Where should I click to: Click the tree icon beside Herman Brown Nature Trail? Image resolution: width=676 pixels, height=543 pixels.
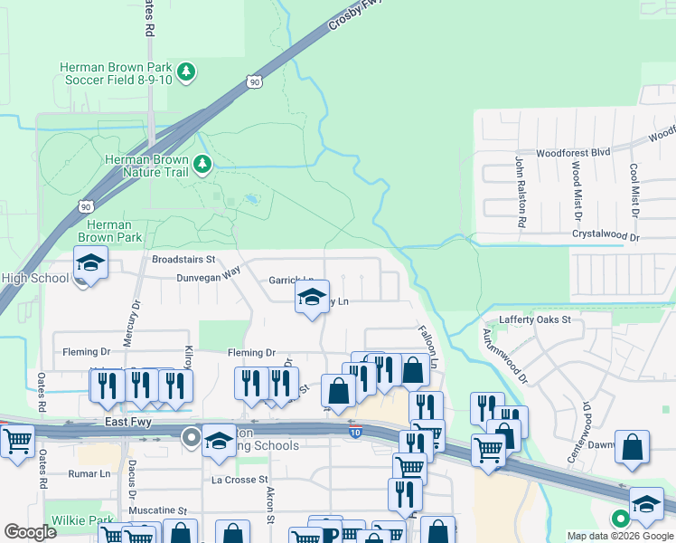[203, 164]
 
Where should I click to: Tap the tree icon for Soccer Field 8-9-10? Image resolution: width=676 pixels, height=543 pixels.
[186, 71]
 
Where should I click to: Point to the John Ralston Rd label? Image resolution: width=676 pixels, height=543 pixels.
[521, 192]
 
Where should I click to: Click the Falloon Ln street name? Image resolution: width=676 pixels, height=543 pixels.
[428, 346]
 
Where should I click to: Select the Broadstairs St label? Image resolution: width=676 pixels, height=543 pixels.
[183, 259]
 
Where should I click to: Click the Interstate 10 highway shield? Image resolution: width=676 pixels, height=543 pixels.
[357, 434]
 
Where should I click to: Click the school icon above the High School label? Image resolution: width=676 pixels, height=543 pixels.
[90, 263]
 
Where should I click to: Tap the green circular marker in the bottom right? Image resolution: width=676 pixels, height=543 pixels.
[620, 519]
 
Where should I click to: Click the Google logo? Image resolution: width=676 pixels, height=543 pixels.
[31, 532]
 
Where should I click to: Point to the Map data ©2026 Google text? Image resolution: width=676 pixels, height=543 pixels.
[620, 536]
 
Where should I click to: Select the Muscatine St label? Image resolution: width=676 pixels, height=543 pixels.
[157, 510]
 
